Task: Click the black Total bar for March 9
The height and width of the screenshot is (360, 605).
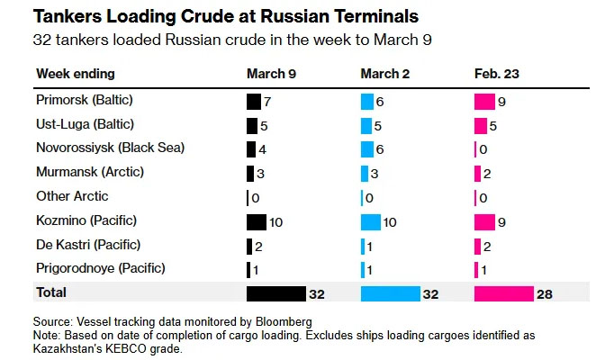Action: tap(275, 294)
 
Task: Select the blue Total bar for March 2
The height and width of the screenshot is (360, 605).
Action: tap(390, 294)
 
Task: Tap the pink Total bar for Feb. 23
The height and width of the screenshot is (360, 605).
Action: tap(503, 294)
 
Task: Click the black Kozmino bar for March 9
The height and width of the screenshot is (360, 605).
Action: tap(256, 221)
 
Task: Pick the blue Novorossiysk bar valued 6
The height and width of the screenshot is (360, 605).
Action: tap(366, 148)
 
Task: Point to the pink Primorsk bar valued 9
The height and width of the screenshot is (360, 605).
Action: tap(484, 101)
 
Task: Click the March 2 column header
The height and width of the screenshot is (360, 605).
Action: tap(385, 73)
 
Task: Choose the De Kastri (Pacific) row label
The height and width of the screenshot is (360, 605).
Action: tap(88, 245)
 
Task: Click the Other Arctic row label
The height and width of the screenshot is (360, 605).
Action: tap(72, 196)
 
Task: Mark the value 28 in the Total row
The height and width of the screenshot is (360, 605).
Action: tap(544, 294)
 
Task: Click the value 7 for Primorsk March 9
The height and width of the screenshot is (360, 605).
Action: tap(267, 101)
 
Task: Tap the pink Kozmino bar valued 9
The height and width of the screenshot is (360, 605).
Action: tap(484, 221)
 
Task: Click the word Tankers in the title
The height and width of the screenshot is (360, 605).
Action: tap(72, 17)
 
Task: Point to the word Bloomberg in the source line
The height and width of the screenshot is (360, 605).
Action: tap(282, 321)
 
